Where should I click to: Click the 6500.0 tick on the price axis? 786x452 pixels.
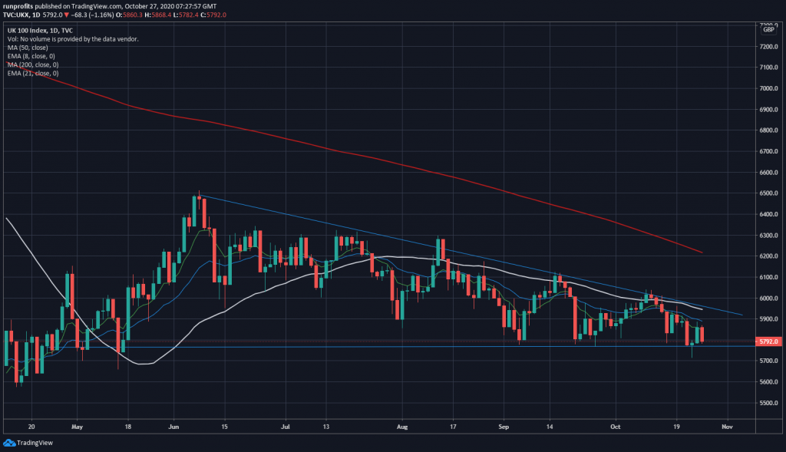coord(768,193)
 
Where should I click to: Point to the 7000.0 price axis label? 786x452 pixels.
coord(768,88)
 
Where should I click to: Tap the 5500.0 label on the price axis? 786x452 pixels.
coord(768,403)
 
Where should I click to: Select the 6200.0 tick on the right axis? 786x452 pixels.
coord(768,256)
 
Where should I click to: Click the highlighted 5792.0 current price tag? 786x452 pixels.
coord(768,341)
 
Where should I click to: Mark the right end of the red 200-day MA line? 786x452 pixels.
coord(702,252)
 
